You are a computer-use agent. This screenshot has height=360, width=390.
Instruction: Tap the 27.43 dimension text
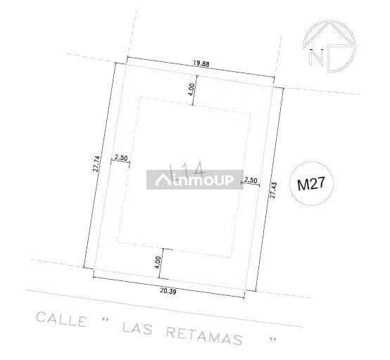tap(272, 191)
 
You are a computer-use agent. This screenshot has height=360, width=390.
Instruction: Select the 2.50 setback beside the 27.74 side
tap(120, 158)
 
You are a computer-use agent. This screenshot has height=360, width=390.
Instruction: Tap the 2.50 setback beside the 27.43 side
tap(250, 180)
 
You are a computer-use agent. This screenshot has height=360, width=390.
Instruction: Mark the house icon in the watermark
tap(163, 181)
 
